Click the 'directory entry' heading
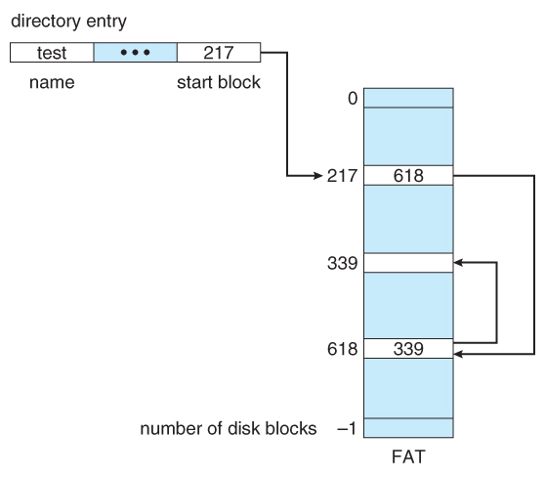[68, 22]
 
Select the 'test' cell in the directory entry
[52, 53]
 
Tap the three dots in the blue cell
[135, 53]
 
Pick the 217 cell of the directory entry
[219, 53]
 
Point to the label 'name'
[52, 82]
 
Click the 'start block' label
[219, 82]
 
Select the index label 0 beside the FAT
[353, 98]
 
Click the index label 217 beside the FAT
[342, 176]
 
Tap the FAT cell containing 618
[408, 176]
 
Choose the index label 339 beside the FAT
[342, 263]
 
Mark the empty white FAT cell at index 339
[408, 263]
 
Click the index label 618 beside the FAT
[342, 349]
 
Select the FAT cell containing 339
[408, 349]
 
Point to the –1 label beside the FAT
[347, 428]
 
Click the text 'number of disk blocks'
[229, 428]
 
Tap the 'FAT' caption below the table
[408, 456]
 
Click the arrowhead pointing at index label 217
[318, 176]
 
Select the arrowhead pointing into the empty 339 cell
[458, 263]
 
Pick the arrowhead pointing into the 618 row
[458, 354]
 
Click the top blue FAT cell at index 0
[408, 98]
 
